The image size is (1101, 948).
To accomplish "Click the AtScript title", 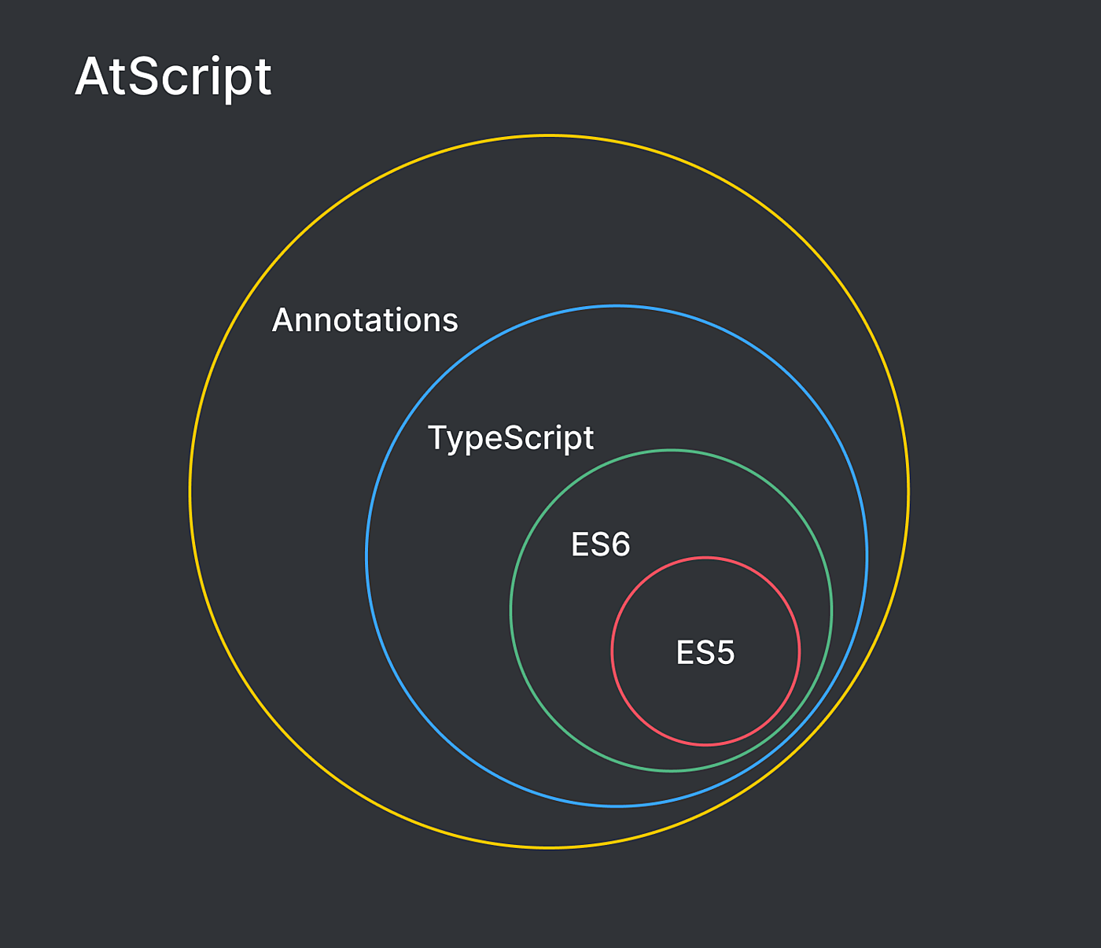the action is click(173, 78).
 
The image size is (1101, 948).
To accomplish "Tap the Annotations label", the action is click(365, 320).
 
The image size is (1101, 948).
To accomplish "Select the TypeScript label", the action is click(510, 439).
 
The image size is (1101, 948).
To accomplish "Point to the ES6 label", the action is click(600, 544).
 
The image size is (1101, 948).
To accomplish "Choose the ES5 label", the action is click(705, 652).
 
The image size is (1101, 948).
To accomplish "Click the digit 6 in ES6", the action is click(620, 544).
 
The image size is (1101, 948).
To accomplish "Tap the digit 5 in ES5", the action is click(725, 652).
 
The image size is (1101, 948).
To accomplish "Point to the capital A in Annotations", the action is click(283, 320).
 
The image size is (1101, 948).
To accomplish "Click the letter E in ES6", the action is click(580, 544).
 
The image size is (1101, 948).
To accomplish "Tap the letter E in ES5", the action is click(684, 652).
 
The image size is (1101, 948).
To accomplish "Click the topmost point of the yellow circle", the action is click(549, 136).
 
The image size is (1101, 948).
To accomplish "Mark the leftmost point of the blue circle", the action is click(367, 556).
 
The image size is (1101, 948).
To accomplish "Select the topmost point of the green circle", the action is click(671, 451).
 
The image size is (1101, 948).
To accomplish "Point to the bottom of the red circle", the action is click(705, 744).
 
